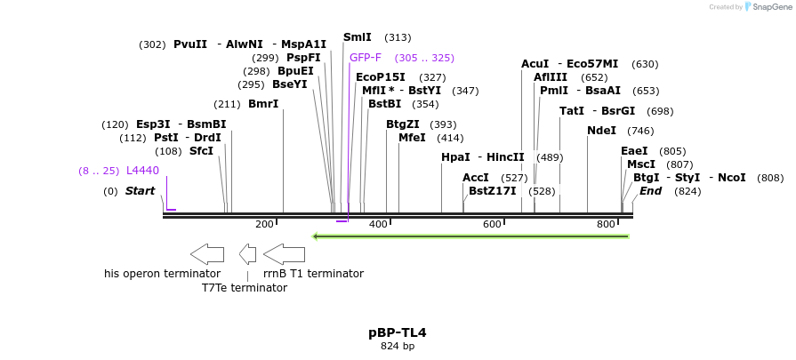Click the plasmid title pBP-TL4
coord(398,333)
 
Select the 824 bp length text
coord(398,347)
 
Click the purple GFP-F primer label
coord(365,58)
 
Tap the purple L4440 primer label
coord(142,171)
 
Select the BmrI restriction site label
coord(263,104)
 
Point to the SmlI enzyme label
coord(358,37)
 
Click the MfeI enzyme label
coord(412,138)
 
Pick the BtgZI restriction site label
coord(403,124)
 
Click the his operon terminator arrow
coord(207,254)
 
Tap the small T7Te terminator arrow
coord(248,254)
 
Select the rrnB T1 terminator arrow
coord(285,254)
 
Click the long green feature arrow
coord(471,236)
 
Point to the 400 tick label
coord(378,225)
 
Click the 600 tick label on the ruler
coord(492,225)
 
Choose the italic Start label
coord(140,191)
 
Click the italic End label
coord(650,191)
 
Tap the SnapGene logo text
coord(771,7)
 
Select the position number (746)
coord(640,131)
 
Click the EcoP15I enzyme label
coord(381,77)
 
